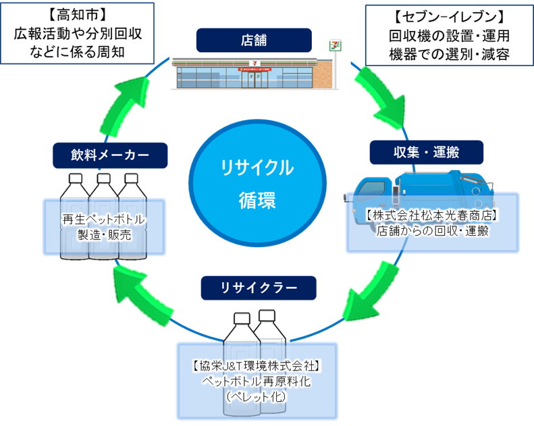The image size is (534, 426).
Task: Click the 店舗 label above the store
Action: pos(254,40)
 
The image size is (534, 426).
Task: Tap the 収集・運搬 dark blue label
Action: pos(426,152)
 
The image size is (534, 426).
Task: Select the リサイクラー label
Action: pos(259,288)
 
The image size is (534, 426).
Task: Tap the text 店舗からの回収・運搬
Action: pos(432,231)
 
